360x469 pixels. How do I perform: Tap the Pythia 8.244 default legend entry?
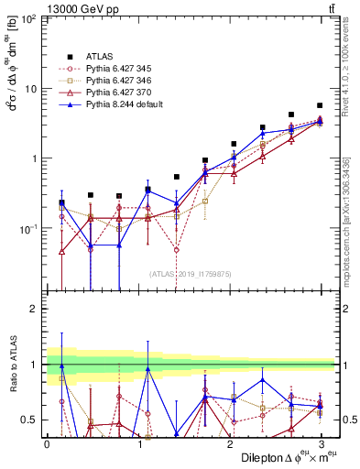[125, 105]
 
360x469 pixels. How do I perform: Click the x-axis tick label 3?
[320, 444]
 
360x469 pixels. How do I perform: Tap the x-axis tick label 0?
[47, 444]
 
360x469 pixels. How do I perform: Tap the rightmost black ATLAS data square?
[319, 105]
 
